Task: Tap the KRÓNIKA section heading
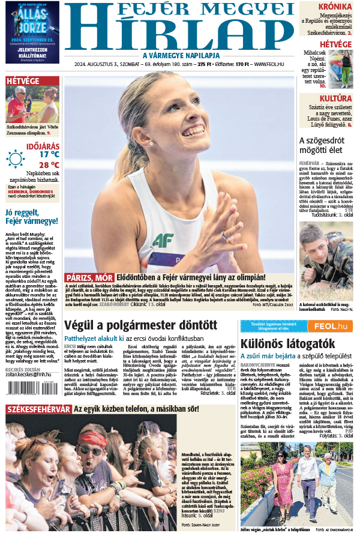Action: (x=335, y=7)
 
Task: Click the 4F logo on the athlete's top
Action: (x=163, y=241)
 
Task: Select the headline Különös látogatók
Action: (x=278, y=343)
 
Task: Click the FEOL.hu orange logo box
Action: (x=332, y=326)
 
